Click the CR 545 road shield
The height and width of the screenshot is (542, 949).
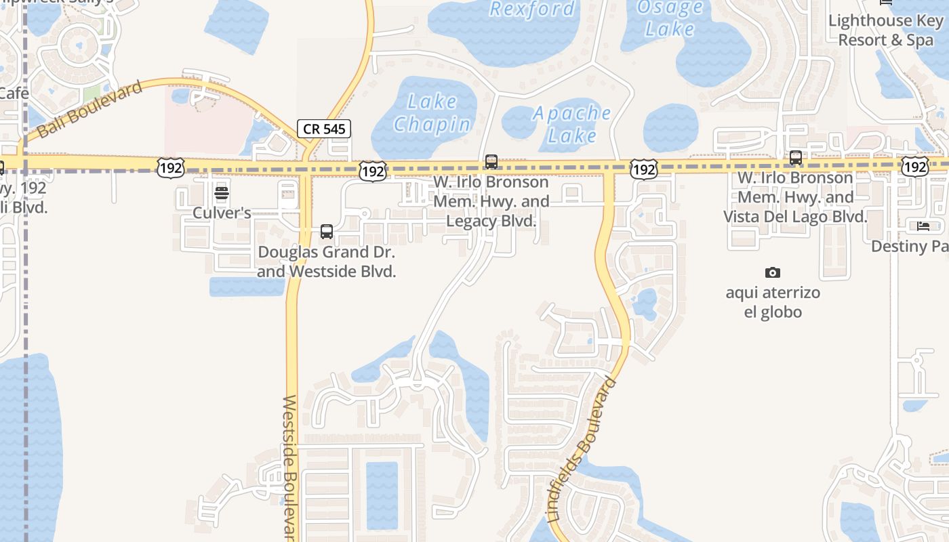coord(324,129)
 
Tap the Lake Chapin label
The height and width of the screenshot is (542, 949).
coord(432,113)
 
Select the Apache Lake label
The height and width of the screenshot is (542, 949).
coord(571,124)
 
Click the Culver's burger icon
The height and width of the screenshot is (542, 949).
coord(222,193)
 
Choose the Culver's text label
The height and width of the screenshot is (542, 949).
coord(222,213)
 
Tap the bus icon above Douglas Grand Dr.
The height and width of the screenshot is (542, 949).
coord(327,232)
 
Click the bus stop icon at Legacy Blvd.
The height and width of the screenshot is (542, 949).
coord(491,162)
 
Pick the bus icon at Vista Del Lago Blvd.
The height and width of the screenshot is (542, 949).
coord(796,158)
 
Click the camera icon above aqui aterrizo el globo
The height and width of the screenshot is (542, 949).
coord(772,272)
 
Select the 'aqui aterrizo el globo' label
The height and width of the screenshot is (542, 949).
coord(773,302)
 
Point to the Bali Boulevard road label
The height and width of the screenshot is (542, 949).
coord(91,108)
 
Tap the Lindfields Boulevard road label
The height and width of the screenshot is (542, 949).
coord(582,451)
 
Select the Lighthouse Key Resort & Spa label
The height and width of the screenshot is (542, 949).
coord(885,30)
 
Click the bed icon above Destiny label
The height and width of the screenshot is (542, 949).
coord(923,226)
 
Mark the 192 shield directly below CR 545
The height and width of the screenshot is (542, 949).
coord(373,170)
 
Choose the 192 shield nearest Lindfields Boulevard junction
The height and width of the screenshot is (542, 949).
coord(643,169)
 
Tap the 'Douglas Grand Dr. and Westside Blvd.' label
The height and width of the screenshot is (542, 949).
coord(327,262)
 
